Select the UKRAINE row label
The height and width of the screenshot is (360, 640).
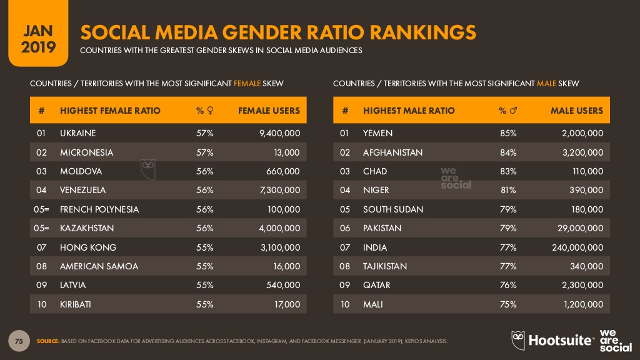point(78,133)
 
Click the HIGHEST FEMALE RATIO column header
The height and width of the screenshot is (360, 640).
point(110,111)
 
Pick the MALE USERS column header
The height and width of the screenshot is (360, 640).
point(576,111)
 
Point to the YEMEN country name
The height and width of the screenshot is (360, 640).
point(377,133)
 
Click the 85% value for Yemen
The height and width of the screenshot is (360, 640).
point(507,133)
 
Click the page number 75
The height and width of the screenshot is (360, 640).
point(19,341)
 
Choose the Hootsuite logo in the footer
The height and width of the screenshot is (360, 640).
point(552,340)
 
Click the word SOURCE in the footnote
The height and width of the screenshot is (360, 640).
point(47,341)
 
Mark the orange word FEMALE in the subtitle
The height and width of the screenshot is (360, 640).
point(247,83)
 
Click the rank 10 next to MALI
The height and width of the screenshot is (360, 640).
point(345,304)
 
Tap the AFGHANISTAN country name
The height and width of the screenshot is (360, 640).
point(392,152)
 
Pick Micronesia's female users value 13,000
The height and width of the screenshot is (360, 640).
point(286,152)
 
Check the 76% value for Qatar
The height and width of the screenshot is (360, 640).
point(507,286)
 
